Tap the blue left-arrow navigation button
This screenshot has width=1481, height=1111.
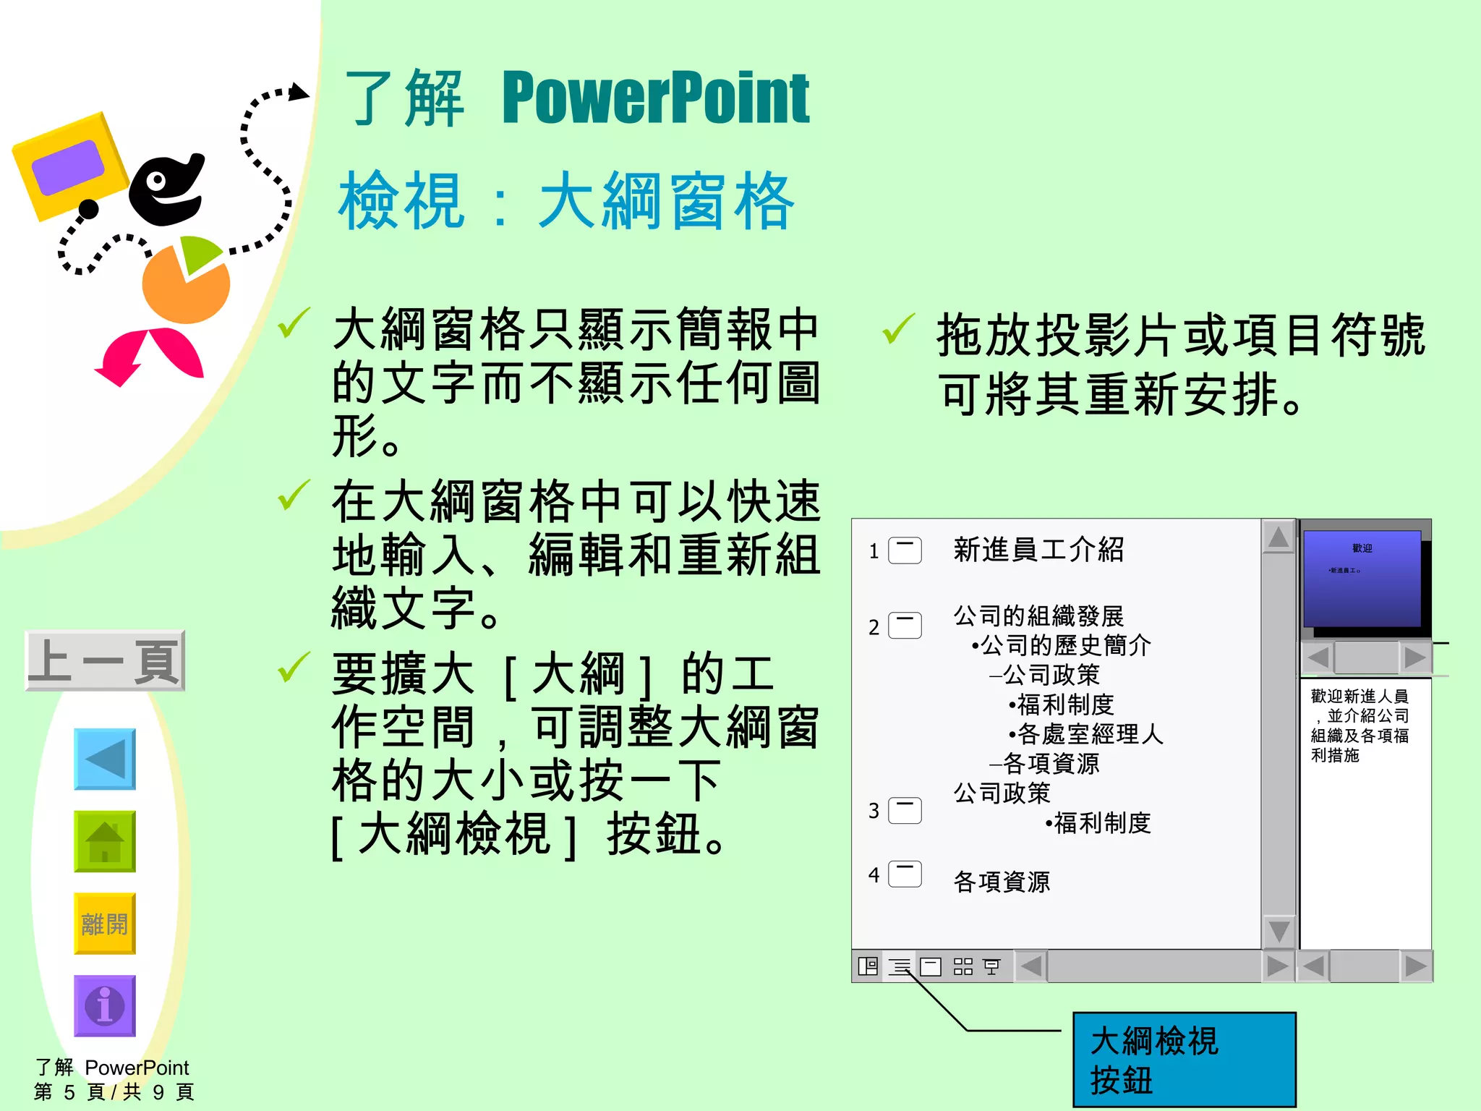(x=105, y=759)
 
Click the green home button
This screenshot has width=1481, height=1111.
(x=105, y=841)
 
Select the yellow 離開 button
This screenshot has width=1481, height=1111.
(x=105, y=924)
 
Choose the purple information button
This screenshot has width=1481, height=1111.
(x=105, y=1005)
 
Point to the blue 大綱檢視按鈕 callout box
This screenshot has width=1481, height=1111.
(x=1184, y=1060)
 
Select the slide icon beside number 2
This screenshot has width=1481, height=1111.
(x=905, y=626)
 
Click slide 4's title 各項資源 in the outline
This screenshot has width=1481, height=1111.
(x=1002, y=882)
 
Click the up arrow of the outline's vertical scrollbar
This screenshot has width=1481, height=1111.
(x=1279, y=537)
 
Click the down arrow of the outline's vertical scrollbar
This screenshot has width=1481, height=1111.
(x=1279, y=932)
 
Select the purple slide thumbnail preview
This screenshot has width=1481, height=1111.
(x=1362, y=579)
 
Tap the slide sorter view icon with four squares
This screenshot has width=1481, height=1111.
(x=963, y=966)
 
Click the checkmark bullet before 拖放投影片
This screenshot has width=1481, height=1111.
(x=899, y=329)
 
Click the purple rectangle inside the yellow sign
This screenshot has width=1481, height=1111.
(x=68, y=168)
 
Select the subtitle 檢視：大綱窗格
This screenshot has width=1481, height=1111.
(x=567, y=202)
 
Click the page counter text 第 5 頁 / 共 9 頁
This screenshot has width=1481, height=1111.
(x=114, y=1091)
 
